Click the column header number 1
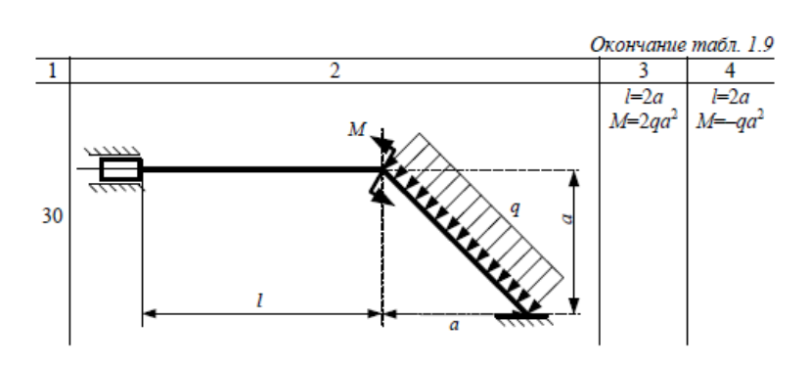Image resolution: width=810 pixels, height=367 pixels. pos(52,70)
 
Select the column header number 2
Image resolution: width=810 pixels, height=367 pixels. pos(335,70)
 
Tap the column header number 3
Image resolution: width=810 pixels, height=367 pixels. pos(643,70)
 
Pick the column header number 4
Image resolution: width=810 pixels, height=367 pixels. pos(730,70)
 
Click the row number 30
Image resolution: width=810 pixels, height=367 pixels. pos(52,216)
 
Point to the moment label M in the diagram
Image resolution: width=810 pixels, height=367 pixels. pos(357,130)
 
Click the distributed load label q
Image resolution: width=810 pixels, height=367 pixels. pos(515,207)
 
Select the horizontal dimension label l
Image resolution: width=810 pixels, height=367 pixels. pos(260,299)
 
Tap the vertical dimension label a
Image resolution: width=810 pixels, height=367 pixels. pos(567,219)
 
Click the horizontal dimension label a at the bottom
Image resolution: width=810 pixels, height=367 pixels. pos(454,326)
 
